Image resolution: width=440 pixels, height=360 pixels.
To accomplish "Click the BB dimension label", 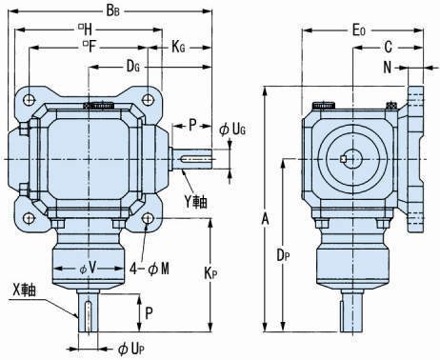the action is coord(113,10).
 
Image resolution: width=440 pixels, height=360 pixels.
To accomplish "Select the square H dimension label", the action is coord(85,30).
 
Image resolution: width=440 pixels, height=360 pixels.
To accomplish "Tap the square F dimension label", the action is coord(89,47).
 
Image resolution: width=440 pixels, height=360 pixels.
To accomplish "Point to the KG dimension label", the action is coord(178,47).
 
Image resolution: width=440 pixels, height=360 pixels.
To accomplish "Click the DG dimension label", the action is coord(133,67).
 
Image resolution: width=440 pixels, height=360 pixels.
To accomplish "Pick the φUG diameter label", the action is coord(232,130).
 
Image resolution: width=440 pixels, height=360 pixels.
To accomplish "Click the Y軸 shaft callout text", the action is coord(196,201).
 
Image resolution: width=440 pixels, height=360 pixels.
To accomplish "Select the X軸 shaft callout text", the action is coord(24,290).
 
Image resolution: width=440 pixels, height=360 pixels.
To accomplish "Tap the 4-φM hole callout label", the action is coord(150,270).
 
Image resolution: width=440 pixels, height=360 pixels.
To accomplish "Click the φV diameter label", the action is coord(88,269).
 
